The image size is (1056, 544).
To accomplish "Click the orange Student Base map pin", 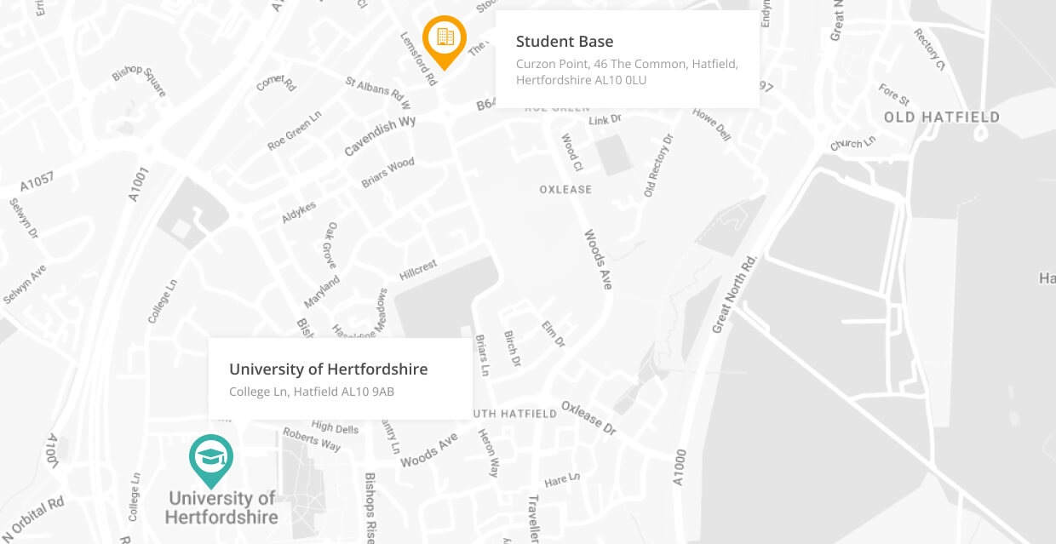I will coord(445,37).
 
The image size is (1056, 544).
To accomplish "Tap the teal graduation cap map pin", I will coord(210,458).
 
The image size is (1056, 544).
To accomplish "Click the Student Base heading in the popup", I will coord(565,42).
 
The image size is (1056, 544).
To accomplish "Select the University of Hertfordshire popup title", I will coord(328,369).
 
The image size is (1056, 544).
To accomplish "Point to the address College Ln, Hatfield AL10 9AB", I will coord(311,392).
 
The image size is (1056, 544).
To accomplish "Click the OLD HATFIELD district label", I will coord(941,117).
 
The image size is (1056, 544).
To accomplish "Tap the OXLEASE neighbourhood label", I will coord(565,190).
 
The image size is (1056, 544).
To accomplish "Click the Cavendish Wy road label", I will coord(380,136).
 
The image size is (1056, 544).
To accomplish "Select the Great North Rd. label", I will coord(734,293).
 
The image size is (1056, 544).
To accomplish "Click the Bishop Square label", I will coord(140,80).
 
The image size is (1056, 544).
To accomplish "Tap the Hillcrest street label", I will coord(418,270).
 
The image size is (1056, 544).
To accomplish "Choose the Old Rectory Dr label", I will coord(658,166).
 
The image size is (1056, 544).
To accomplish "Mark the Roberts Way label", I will coord(313,439).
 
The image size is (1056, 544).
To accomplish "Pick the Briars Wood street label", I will coord(388,171).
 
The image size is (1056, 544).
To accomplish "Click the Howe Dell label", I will coord(712,124).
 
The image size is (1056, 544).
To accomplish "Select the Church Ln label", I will coord(852,143).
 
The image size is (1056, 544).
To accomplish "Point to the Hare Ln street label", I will coord(562,481).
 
